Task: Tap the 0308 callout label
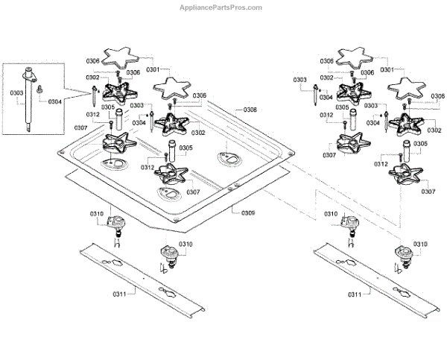tap(249, 110)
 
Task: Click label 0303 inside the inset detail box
tap(16, 92)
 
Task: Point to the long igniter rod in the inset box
tap(30, 104)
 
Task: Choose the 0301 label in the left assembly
tap(153, 69)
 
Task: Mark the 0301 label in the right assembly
tap(387, 69)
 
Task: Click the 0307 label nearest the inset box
tap(80, 127)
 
